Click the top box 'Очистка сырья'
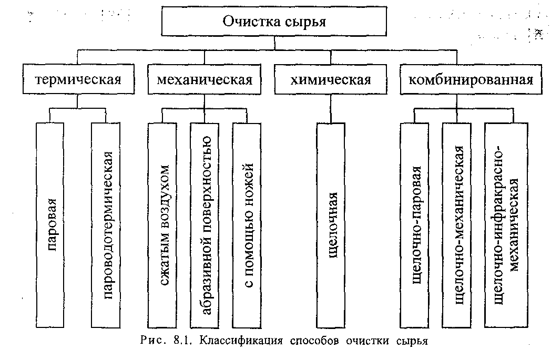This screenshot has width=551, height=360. pos(274,21)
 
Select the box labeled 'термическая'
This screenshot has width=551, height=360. pos(78,79)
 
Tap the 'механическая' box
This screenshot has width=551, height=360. pos(204,79)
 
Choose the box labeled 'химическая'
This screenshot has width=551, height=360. pos(331,79)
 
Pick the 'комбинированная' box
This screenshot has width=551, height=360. pos(471,79)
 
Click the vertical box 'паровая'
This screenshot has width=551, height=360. pos(50,225)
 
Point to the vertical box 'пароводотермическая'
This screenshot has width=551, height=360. pos(106,225)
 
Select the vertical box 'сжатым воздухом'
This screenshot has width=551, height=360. pos(162,225)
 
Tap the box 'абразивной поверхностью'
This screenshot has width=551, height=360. pos(204,225)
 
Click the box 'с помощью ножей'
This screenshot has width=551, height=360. pos(247,225)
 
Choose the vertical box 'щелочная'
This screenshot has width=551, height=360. pos(331,225)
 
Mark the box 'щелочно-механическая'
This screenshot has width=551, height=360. pos(457,225)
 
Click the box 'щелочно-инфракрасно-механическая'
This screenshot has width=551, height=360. pos(506,225)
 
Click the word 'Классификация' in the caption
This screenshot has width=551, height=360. pos(241,341)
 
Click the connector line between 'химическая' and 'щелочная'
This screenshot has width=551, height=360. pos(331,108)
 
